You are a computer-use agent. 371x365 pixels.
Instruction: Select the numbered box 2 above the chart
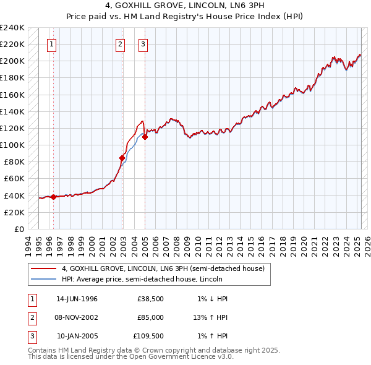click(120, 44)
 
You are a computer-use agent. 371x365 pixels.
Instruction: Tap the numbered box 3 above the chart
click(143, 44)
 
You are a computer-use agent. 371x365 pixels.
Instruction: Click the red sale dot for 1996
click(53, 197)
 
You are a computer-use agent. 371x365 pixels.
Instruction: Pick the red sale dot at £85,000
click(122, 158)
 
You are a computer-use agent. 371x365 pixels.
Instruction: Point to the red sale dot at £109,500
click(145, 137)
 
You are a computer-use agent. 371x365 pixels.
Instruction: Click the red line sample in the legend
click(44, 268)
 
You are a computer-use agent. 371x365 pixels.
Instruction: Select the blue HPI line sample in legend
click(44, 279)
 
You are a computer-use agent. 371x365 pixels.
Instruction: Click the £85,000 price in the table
click(150, 317)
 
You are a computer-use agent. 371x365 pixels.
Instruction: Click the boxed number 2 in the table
click(32, 317)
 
